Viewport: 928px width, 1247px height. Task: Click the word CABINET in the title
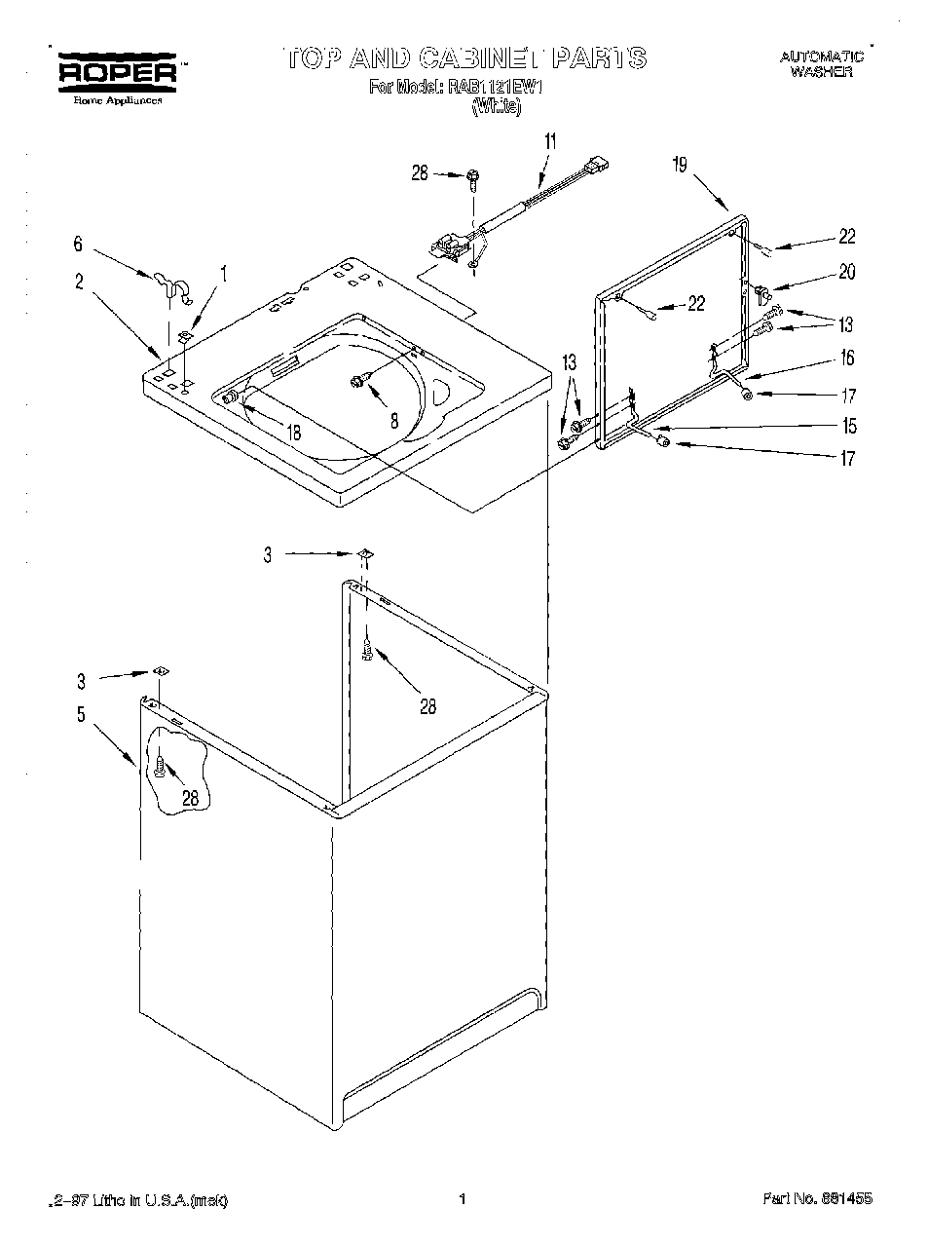pyautogui.click(x=476, y=58)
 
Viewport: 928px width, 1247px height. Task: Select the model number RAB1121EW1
pyautogui.click(x=498, y=87)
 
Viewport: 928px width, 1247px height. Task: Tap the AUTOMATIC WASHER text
pyautogui.click(x=821, y=64)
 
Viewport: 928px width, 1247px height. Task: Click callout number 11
pyautogui.click(x=550, y=141)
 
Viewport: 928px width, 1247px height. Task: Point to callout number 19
pyautogui.click(x=679, y=165)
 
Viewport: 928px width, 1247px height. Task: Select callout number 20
pyautogui.click(x=846, y=273)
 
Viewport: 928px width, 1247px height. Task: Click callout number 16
pyautogui.click(x=846, y=358)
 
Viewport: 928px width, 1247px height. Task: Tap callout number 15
pyautogui.click(x=848, y=426)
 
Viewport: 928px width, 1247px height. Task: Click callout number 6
pyautogui.click(x=79, y=246)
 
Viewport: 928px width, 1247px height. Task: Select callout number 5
pyautogui.click(x=81, y=714)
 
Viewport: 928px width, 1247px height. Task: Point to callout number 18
pyautogui.click(x=293, y=433)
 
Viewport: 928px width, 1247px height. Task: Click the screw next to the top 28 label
pyautogui.click(x=473, y=176)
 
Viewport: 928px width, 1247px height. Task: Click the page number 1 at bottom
pyautogui.click(x=464, y=1199)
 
